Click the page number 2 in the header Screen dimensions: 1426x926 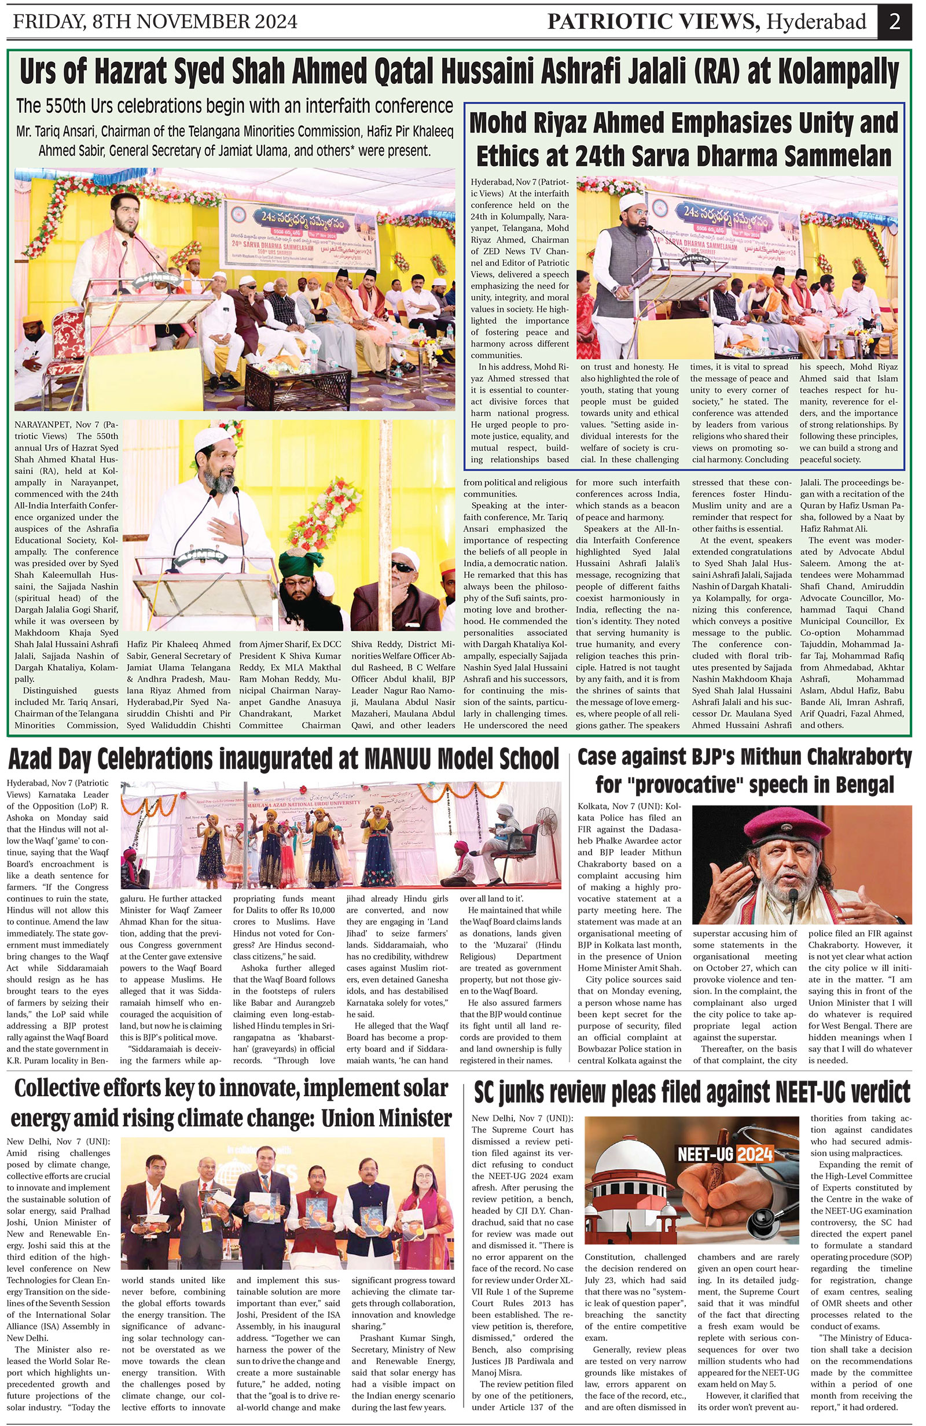click(x=894, y=21)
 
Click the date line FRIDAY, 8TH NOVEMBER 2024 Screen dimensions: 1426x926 click(x=155, y=22)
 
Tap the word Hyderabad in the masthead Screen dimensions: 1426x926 click(x=818, y=22)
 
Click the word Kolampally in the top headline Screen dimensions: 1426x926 click(x=838, y=73)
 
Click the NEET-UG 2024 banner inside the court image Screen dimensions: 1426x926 click(x=725, y=1154)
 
